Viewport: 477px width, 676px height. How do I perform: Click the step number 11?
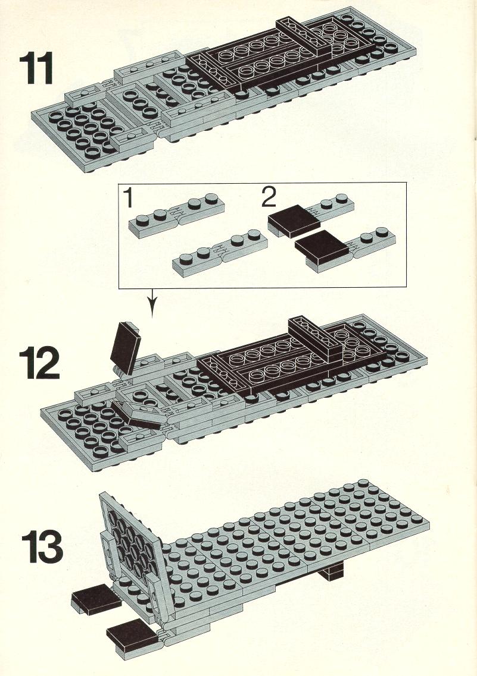tap(36, 68)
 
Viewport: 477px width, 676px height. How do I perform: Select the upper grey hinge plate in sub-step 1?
tap(177, 214)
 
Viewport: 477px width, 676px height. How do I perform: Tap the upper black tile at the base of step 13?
tap(92, 601)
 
